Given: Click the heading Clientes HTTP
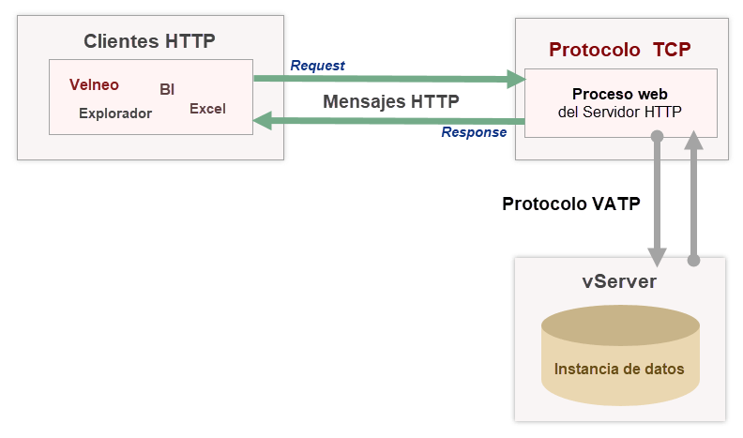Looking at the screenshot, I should (x=149, y=41).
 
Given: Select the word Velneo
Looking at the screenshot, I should (x=94, y=84).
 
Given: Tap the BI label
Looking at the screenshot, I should (x=167, y=90).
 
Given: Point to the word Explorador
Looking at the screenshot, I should (x=115, y=113).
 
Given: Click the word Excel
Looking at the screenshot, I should (x=207, y=109).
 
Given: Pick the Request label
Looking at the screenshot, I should (x=317, y=66).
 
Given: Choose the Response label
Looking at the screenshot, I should (x=474, y=132).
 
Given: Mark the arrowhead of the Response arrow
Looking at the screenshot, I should (x=264, y=119).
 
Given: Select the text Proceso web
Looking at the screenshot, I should (x=620, y=94).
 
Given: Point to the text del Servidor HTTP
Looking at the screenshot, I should (x=619, y=111).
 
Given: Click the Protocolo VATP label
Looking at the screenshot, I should (x=571, y=204).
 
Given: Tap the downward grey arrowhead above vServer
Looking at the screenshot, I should (x=657, y=257).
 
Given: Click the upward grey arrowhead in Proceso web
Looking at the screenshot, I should (x=694, y=140).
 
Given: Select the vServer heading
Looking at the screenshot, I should (x=619, y=282).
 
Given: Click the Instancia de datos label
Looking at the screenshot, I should (x=619, y=369).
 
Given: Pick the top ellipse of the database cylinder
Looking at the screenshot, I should (x=620, y=325).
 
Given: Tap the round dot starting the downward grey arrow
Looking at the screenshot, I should (x=657, y=137).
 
